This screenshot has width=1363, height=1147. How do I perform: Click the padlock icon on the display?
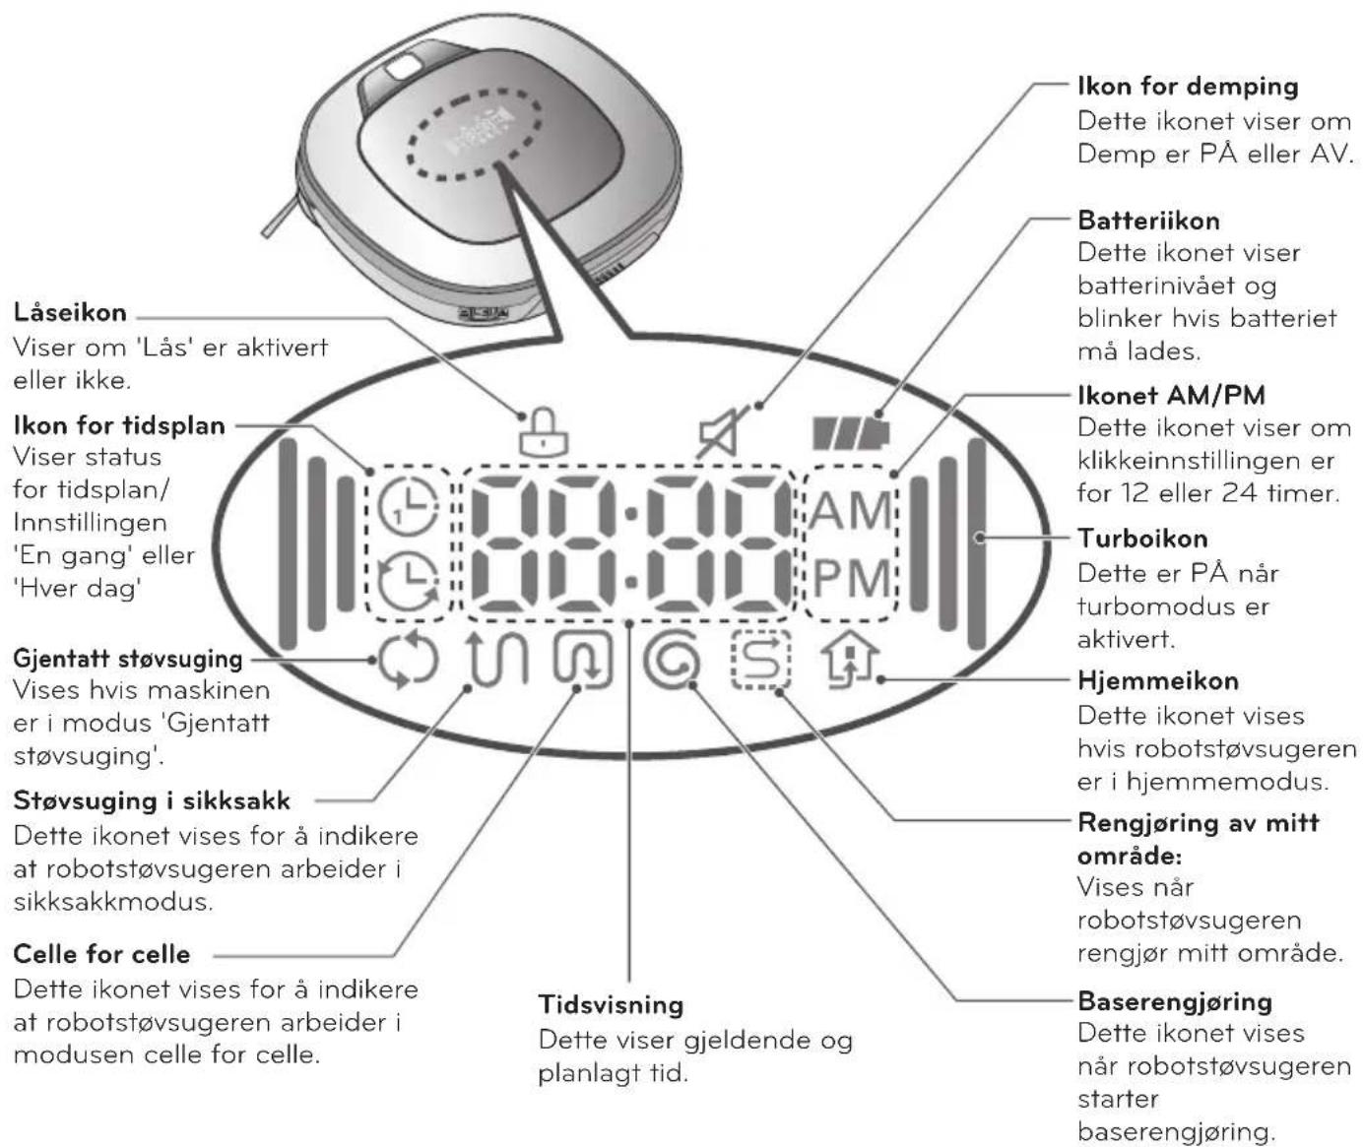(544, 431)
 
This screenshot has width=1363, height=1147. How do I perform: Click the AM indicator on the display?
(851, 511)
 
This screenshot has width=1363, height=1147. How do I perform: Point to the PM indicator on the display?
(851, 579)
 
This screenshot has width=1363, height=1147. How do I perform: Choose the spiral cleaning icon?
(672, 661)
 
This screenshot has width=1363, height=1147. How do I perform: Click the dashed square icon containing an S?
(761, 660)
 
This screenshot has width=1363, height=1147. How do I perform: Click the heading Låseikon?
(70, 313)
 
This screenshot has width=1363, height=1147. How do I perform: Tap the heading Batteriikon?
(1148, 221)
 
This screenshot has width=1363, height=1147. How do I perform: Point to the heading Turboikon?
(1142, 539)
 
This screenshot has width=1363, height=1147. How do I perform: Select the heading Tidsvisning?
(611, 1004)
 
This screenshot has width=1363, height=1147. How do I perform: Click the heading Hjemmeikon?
(1158, 681)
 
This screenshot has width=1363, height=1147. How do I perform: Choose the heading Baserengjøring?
(1175, 1001)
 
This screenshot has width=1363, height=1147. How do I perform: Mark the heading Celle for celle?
(101, 954)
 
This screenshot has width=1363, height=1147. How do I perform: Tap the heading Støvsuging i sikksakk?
(152, 801)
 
